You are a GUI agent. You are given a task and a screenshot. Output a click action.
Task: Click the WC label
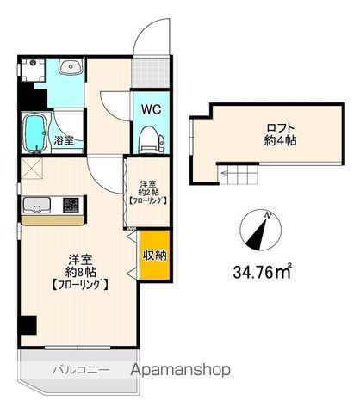[x=151, y=109]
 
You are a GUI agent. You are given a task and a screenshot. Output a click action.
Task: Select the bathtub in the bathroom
[x=35, y=133]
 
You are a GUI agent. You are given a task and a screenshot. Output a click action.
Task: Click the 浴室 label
[x=65, y=140]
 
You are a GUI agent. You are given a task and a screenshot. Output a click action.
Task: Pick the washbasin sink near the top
[x=71, y=66]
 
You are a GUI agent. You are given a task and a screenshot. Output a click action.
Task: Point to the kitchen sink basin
[x=37, y=205]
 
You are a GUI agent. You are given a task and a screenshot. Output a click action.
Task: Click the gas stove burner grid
[x=71, y=206]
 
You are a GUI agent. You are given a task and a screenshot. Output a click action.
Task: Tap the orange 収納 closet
[x=154, y=255]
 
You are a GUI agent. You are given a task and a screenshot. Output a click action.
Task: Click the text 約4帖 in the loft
[x=280, y=140]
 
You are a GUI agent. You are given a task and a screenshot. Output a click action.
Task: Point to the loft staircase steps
[x=238, y=175]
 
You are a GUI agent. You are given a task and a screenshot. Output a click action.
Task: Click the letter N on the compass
[x=268, y=215]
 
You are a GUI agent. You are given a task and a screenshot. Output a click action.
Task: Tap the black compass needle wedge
[x=258, y=233]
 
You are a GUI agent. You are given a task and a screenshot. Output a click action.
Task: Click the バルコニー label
[x=81, y=370]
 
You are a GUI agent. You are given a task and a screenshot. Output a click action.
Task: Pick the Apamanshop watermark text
[x=181, y=370]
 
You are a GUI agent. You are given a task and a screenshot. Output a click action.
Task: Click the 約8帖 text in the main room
[x=81, y=271]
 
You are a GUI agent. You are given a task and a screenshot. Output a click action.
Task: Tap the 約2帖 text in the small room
[x=147, y=192]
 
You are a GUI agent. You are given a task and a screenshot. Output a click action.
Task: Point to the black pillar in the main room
[x=28, y=325]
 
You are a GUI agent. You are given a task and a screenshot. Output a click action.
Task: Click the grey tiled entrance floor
[x=151, y=73]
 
